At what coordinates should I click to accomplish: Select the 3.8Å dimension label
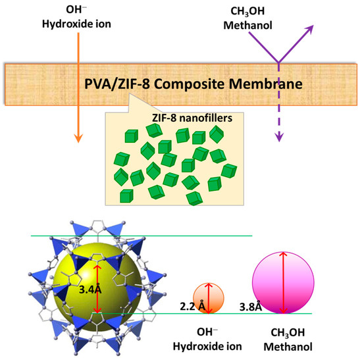click(250, 305)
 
